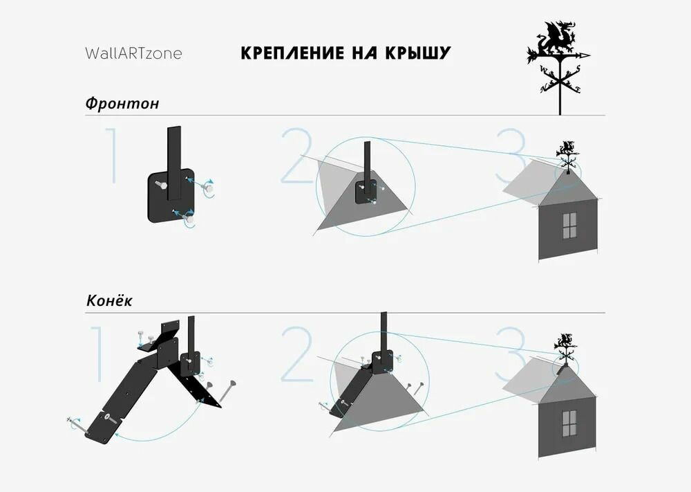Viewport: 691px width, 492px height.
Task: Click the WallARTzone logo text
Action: pos(133,53)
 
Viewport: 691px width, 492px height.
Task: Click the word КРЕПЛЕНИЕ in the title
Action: pos(292,53)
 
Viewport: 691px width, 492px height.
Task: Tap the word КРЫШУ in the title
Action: pos(418,53)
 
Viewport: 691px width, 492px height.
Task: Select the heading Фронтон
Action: pos(122,103)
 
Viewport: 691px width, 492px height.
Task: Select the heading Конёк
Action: pos(109,301)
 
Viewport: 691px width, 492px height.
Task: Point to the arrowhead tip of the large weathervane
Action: pos(590,55)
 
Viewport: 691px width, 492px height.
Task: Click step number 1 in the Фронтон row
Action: pos(113,155)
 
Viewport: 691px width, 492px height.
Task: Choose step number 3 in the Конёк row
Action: pos(511,354)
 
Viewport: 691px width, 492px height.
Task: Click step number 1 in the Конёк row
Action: pos(99,354)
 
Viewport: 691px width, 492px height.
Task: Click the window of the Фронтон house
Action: pos(569,226)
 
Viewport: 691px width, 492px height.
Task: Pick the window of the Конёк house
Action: pos(569,423)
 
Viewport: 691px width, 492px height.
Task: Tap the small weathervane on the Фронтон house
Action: pos(567,156)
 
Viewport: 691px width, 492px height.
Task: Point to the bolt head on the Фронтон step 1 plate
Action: pos(160,185)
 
